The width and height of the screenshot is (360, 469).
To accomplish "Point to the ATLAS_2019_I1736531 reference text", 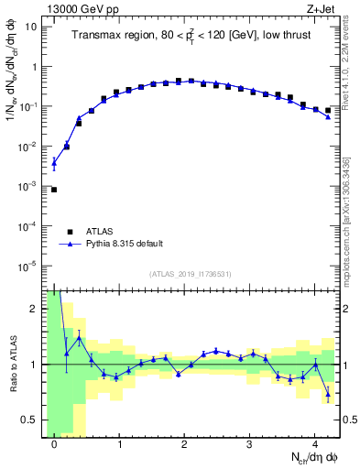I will point(191,275).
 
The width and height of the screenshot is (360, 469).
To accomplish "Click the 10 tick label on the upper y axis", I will point(30,27).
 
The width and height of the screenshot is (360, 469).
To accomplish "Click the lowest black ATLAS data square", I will point(54,190).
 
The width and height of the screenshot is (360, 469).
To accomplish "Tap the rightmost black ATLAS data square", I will point(328,110).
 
